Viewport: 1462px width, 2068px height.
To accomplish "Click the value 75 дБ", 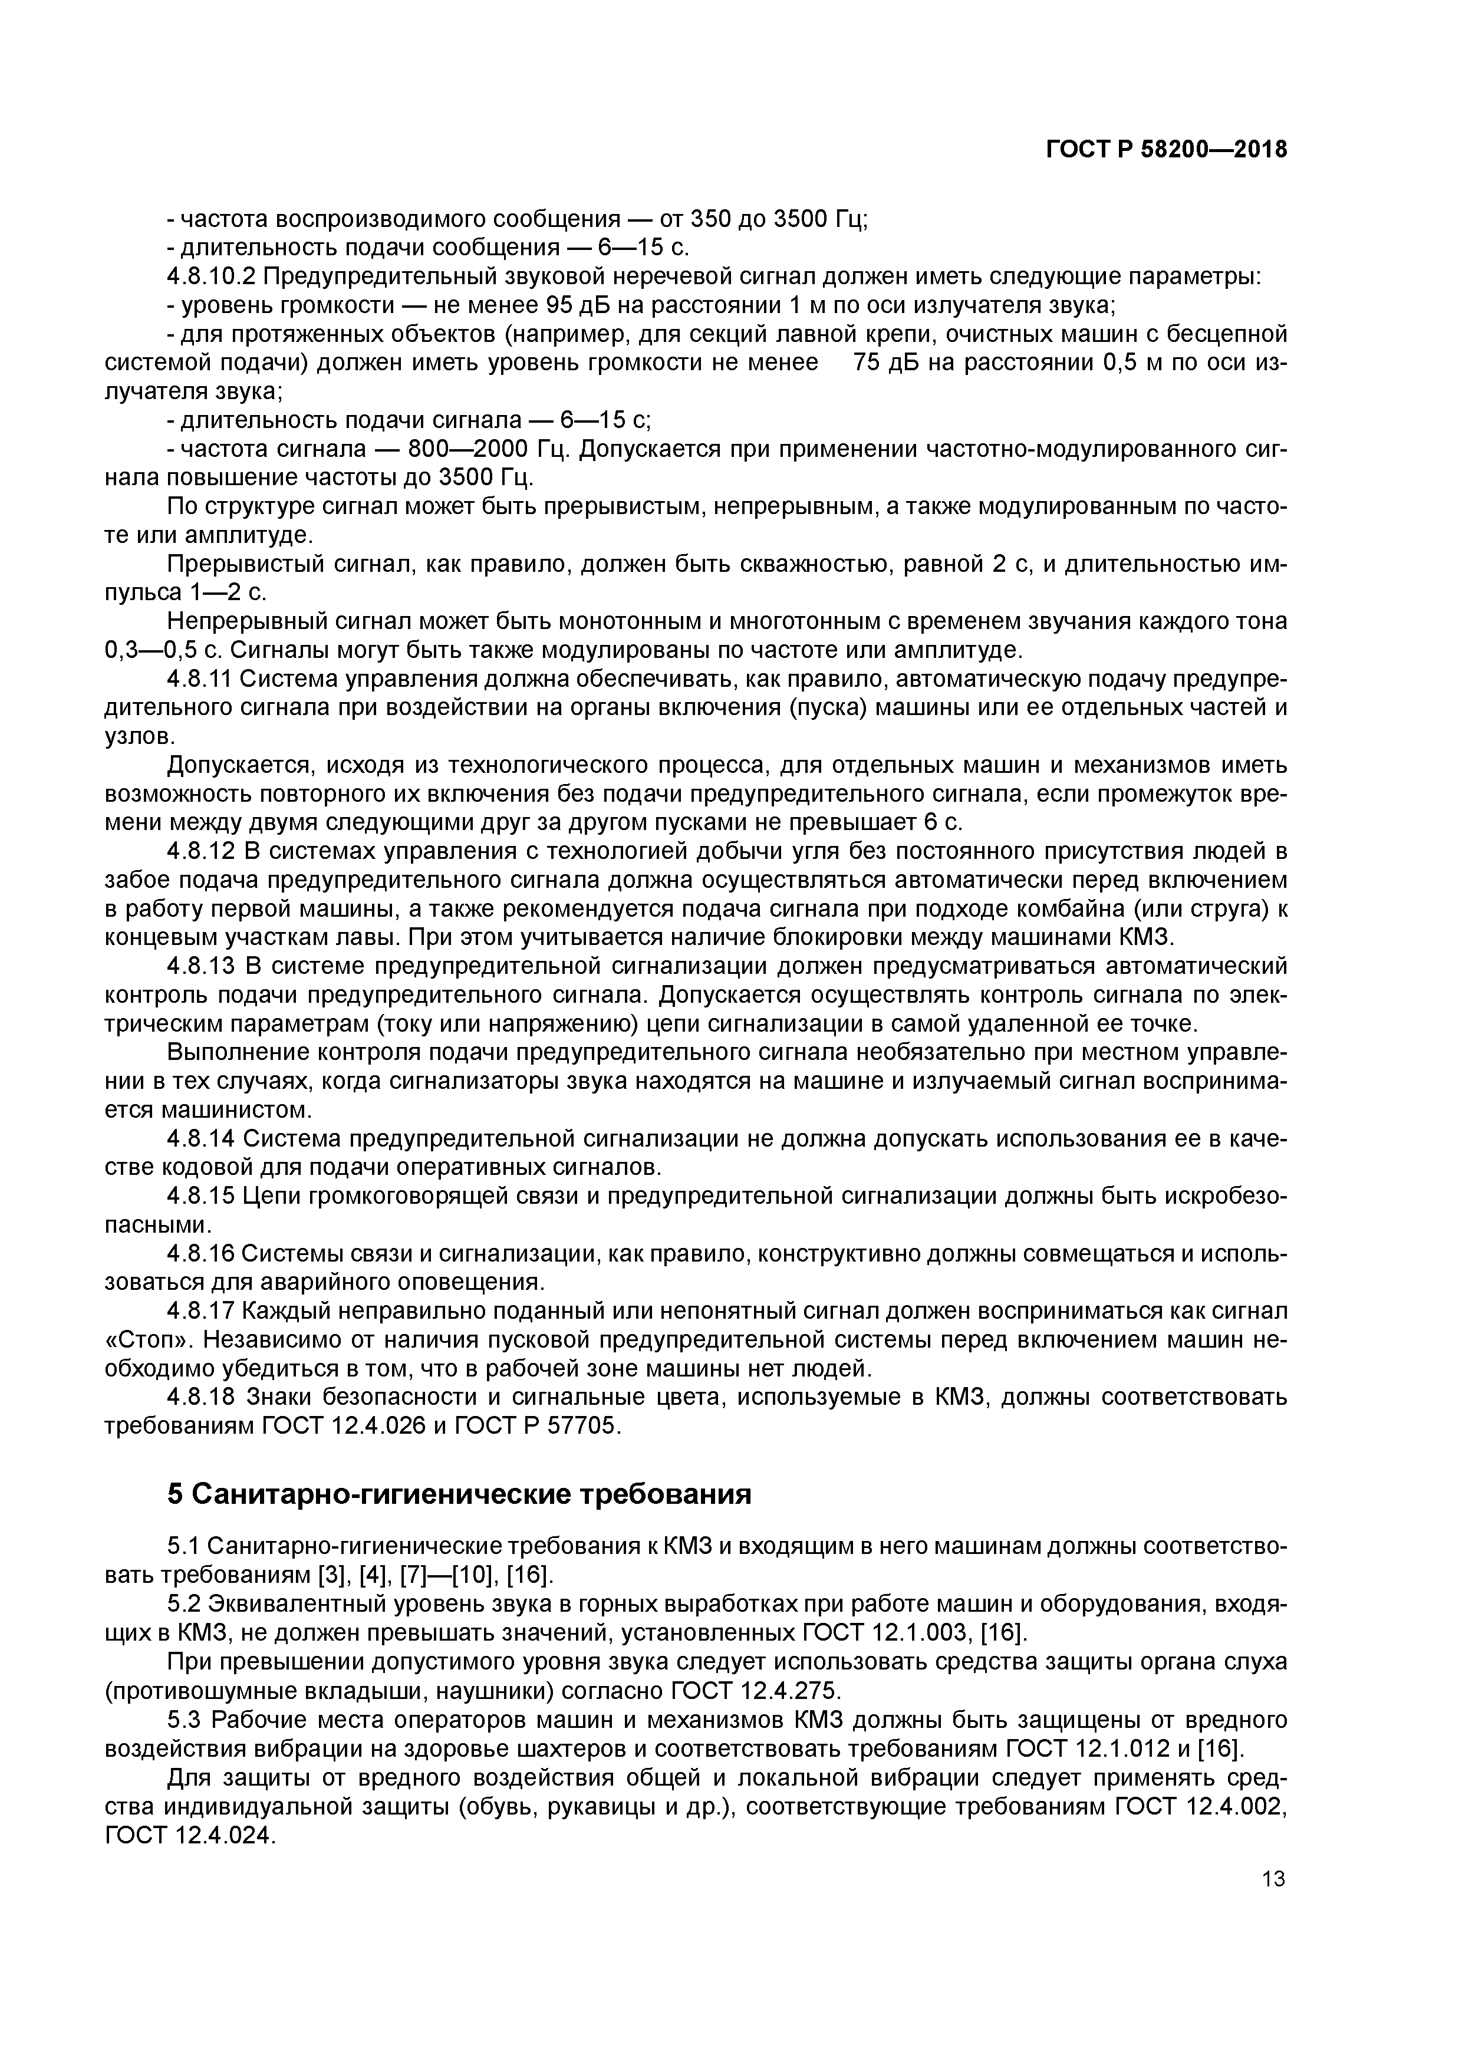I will point(885,363).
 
